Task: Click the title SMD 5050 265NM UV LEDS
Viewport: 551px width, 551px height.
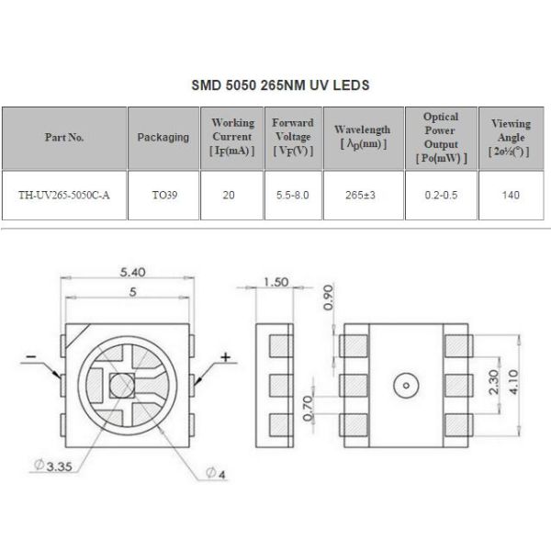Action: point(279,85)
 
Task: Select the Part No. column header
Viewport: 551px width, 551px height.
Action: point(64,137)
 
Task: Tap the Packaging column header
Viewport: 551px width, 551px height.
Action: point(163,137)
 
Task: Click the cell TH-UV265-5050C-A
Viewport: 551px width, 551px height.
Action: point(64,195)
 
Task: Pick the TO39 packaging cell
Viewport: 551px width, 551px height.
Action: point(163,195)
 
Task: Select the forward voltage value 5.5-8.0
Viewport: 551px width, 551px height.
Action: point(293,195)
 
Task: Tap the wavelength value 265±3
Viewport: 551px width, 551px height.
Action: point(362,195)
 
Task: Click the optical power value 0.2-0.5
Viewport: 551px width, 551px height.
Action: point(440,195)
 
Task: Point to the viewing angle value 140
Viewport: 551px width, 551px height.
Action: point(511,195)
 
